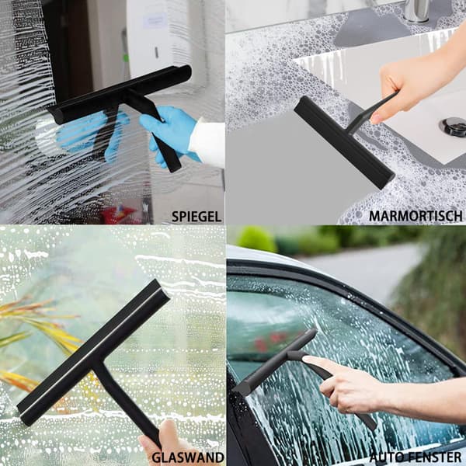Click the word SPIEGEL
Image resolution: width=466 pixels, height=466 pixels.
(196, 217)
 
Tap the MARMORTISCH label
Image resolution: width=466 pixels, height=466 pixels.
(416, 216)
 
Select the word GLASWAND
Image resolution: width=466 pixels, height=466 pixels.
(188, 457)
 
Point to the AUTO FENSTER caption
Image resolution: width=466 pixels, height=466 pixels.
(416, 457)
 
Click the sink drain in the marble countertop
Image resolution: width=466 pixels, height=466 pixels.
(454, 127)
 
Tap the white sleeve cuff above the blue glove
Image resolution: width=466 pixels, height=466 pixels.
(207, 144)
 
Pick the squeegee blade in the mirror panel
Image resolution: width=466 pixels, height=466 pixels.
(120, 94)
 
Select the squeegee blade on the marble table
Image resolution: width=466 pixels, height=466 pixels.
(344, 142)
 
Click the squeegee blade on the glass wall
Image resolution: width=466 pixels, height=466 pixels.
(93, 352)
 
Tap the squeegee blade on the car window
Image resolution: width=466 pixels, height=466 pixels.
(275, 362)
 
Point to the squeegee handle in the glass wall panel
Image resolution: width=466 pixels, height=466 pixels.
(128, 405)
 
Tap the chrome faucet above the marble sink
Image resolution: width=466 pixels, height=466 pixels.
(416, 10)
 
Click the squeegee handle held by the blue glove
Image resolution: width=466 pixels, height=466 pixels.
(155, 130)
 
